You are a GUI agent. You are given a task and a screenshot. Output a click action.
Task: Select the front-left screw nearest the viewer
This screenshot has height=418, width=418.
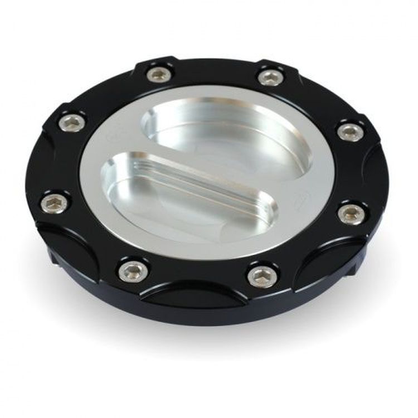[x=134, y=270]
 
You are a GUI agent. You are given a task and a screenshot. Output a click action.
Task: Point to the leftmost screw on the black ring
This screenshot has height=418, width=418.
[x=55, y=203]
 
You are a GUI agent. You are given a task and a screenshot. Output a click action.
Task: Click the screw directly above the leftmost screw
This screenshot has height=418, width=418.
[x=72, y=123]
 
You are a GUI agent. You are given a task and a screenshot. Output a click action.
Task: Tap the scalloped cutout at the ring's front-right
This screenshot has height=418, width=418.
[x=323, y=262]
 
